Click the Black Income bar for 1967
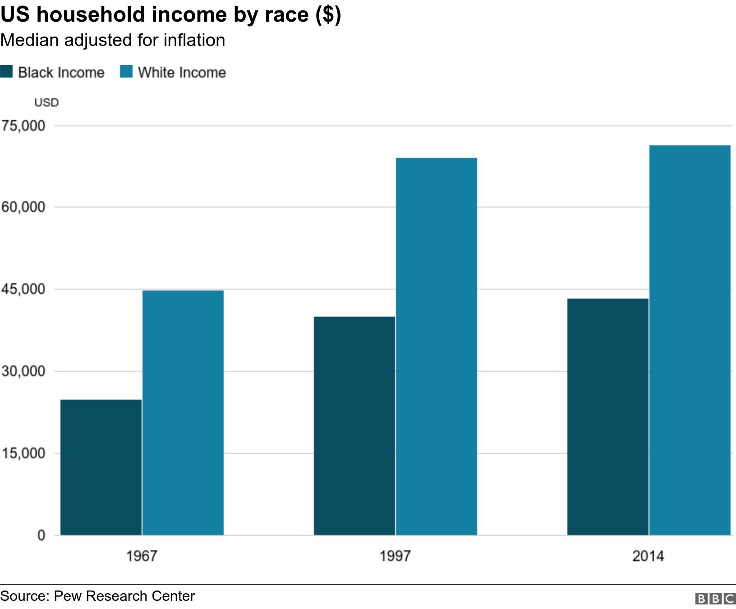tap(101, 467)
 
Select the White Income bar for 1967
tap(183, 413)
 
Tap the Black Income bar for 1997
tap(354, 426)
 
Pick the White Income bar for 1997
tap(437, 346)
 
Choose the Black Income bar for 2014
tap(608, 417)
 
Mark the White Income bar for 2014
tap(690, 340)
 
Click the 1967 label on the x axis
tap(142, 556)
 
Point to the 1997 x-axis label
tap(395, 556)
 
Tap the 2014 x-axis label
tap(648, 556)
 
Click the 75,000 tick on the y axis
tap(23, 126)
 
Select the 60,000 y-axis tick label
tap(23, 207)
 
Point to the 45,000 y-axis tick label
tap(23, 289)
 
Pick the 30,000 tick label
tap(23, 371)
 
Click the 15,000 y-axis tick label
tap(23, 453)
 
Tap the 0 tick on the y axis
tap(41, 535)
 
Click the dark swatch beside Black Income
tap(6, 72)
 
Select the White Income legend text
tap(182, 72)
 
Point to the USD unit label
tap(46, 102)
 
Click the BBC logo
tap(715, 598)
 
